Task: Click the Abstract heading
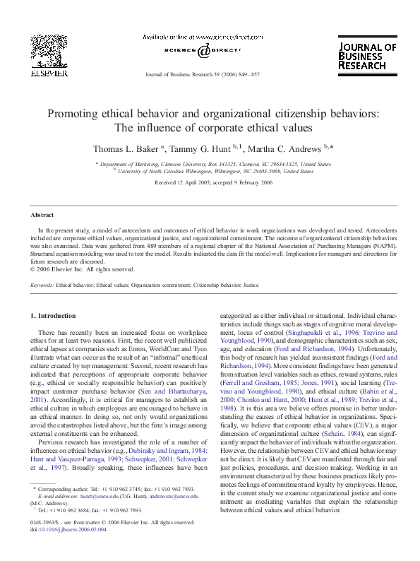[42, 215]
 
